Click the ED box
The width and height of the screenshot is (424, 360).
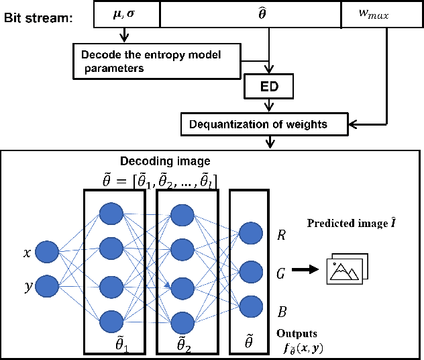(x=269, y=86)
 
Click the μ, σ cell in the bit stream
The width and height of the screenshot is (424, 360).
(x=126, y=14)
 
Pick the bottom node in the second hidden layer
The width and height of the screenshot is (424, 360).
(x=183, y=321)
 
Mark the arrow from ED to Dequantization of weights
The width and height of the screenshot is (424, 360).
(x=269, y=105)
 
